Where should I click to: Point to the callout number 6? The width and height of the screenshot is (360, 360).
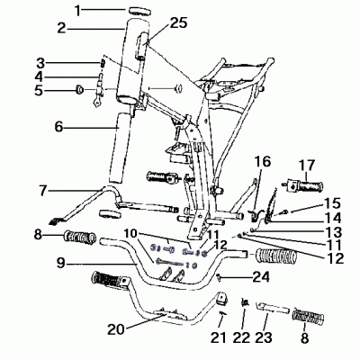coord(58,127)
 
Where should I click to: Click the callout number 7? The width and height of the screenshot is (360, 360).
coord(43,191)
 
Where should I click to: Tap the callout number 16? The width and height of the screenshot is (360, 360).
coord(261,163)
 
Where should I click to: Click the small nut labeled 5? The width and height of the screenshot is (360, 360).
coord(77,89)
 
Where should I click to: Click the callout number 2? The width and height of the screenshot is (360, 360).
coord(62,28)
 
